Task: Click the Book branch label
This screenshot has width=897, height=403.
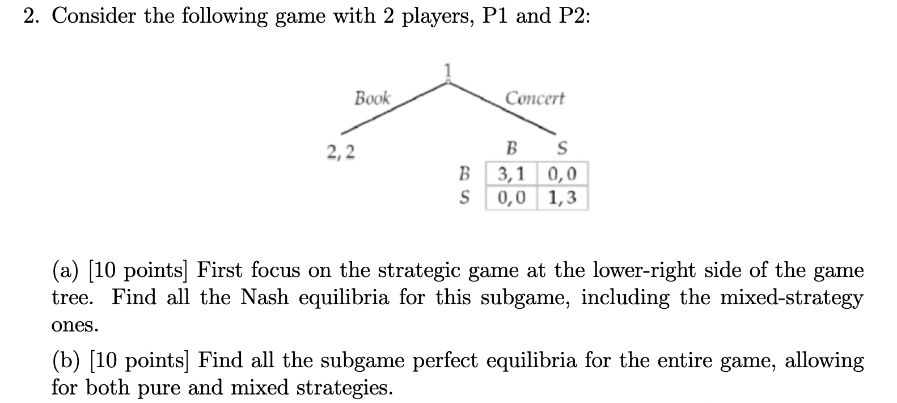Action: coord(372,98)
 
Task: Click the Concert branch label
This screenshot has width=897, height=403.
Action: coord(535,98)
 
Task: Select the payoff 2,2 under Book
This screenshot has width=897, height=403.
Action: coord(341,152)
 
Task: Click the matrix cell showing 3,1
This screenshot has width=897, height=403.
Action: coord(511,173)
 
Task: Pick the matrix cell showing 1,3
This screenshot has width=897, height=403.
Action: coord(562,198)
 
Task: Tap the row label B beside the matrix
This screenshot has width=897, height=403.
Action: coord(465,173)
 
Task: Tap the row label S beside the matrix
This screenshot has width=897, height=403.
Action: coord(465,198)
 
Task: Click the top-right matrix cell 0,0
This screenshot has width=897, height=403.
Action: coord(562,173)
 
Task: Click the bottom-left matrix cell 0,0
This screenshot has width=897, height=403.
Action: coord(511,198)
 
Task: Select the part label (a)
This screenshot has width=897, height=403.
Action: coord(65,270)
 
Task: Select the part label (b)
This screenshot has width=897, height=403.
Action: coord(66,360)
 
